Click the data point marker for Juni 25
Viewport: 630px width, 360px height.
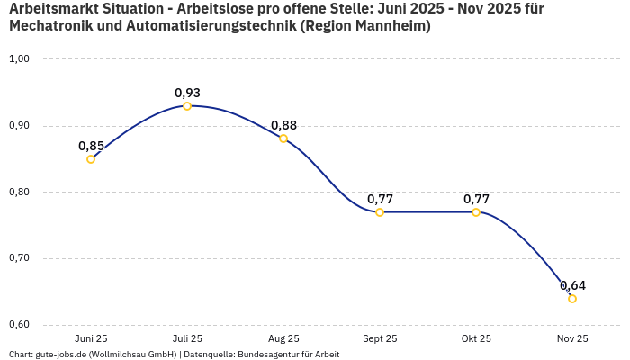91,159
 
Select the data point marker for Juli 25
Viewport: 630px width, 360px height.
187,106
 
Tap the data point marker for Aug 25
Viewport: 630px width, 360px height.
283,139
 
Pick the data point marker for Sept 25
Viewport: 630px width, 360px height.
380,212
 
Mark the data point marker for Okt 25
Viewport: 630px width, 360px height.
476,212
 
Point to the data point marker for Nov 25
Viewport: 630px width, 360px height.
572,299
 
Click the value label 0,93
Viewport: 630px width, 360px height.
187,93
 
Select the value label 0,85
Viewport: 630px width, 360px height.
91,146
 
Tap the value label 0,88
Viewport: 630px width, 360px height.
283,125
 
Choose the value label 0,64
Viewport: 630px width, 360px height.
572,285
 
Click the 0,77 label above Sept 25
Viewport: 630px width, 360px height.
380,199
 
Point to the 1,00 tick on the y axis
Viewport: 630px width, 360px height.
20,59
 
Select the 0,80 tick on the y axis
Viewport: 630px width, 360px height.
20,192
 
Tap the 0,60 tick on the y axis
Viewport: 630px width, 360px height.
20,325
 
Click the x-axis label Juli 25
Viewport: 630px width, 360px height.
187,339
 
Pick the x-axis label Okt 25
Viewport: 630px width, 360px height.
476,339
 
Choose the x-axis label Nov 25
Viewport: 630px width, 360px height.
572,339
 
